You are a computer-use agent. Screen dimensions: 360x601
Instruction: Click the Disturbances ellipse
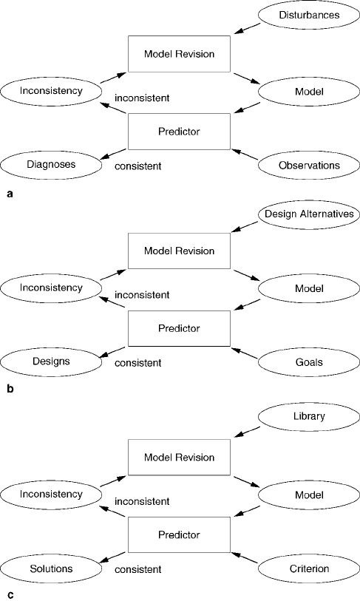click(309, 15)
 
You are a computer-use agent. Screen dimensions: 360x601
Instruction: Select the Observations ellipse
click(309, 165)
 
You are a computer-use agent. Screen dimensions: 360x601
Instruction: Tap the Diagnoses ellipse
click(51, 164)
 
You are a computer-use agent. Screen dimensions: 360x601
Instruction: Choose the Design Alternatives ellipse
click(309, 214)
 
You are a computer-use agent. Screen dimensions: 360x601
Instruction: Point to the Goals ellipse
click(309, 362)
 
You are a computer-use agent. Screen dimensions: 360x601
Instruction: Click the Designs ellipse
click(51, 361)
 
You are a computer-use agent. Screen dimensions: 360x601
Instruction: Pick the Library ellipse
click(309, 416)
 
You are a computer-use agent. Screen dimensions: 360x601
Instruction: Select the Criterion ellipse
click(309, 568)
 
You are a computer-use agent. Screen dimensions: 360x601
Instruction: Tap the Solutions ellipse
click(51, 568)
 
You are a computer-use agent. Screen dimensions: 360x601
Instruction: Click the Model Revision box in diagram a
click(179, 54)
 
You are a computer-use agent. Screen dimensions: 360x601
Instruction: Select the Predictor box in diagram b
click(179, 328)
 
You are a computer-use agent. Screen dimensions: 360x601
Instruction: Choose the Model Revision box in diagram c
click(179, 458)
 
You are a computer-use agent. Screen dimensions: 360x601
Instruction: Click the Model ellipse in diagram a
click(309, 92)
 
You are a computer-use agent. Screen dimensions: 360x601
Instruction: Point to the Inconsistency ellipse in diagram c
click(51, 494)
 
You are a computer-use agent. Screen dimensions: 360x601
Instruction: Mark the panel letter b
click(10, 389)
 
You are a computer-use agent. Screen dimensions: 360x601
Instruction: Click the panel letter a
click(10, 194)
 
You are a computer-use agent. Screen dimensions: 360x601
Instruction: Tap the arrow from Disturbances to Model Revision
click(247, 29)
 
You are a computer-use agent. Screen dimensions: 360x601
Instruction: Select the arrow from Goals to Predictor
click(245, 353)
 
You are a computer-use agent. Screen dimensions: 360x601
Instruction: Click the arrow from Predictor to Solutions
click(112, 557)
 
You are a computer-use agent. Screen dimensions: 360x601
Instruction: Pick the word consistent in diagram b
click(138, 362)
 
